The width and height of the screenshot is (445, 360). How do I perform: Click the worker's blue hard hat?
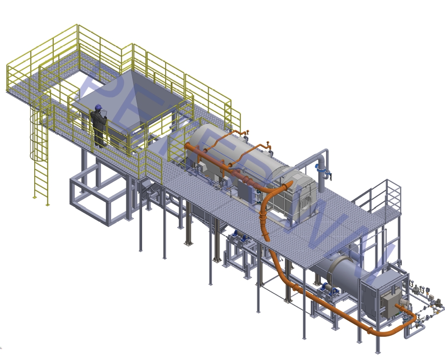(x=98, y=107)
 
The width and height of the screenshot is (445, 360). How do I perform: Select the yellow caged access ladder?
(x=40, y=153)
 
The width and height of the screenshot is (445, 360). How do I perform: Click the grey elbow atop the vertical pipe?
(x=323, y=154)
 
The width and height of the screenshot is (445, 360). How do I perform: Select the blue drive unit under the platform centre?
(x=239, y=237)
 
